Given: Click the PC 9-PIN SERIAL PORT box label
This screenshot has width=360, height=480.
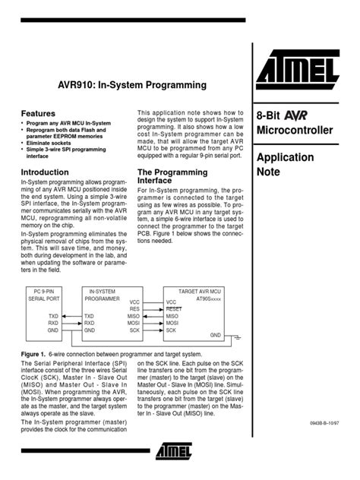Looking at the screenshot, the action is [47, 295].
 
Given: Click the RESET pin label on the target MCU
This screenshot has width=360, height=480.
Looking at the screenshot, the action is [175, 309].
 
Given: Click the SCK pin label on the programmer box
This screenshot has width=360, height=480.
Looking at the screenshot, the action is [134, 331].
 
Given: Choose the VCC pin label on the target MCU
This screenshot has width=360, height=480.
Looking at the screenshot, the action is [172, 302].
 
